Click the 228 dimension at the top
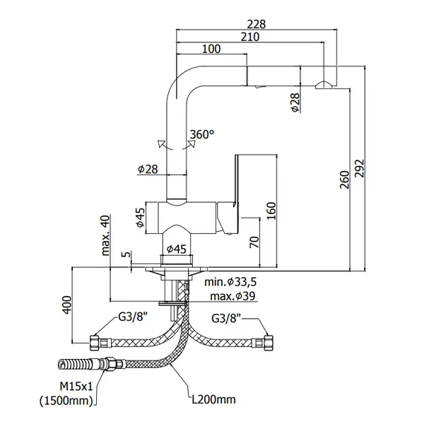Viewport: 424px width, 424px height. click(x=257, y=24)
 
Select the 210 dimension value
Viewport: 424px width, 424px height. click(x=250, y=37)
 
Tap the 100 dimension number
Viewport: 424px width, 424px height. click(x=211, y=49)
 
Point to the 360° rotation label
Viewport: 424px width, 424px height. click(x=202, y=134)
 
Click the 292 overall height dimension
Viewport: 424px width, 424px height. click(x=360, y=168)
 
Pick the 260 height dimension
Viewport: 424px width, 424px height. click(x=345, y=179)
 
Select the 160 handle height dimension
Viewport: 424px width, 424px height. click(x=271, y=211)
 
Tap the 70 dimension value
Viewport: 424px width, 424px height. click(x=254, y=242)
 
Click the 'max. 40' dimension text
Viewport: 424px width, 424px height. click(x=105, y=235)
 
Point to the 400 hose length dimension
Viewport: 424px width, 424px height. click(x=67, y=305)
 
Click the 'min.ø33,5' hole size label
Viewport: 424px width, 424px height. click(x=230, y=282)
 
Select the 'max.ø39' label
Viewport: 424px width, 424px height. click(x=232, y=296)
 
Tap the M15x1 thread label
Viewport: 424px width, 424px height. click(x=76, y=387)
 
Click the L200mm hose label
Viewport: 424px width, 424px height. click(x=213, y=399)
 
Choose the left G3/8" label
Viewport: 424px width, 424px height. click(x=133, y=317)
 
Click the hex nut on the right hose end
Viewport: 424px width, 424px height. click(x=269, y=343)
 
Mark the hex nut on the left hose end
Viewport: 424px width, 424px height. click(x=93, y=343)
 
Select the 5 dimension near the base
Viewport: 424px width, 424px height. click(x=126, y=254)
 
